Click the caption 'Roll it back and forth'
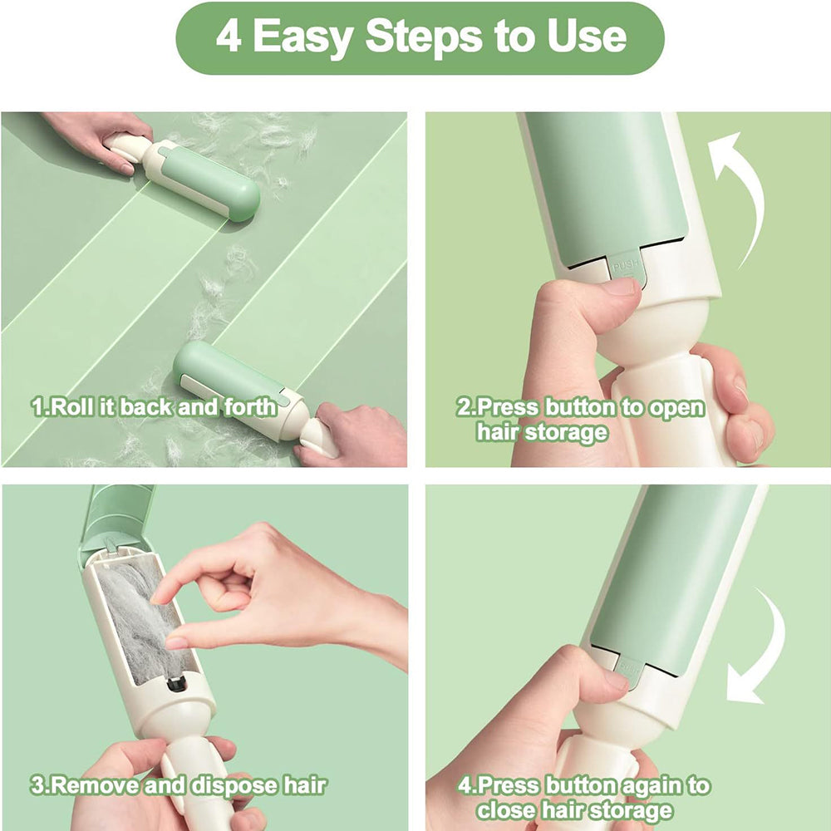(154, 407)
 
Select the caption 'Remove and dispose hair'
(178, 784)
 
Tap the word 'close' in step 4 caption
(508, 810)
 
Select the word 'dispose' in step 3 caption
(233, 784)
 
